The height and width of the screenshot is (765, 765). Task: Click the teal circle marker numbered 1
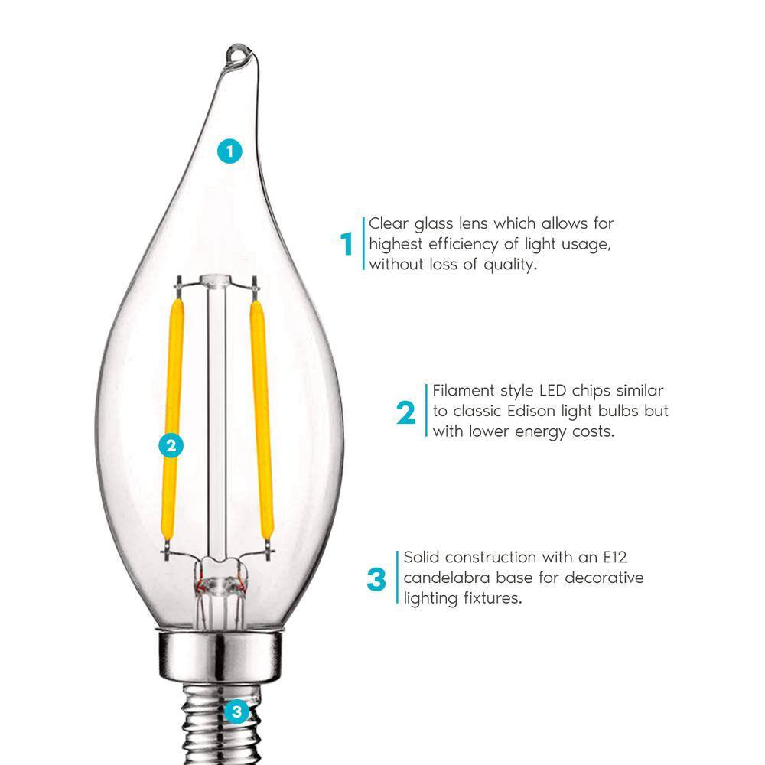(229, 151)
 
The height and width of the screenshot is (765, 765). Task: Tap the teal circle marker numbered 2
(171, 445)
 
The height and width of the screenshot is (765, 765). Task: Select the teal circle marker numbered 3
(236, 712)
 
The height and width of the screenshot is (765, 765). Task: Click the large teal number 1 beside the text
(347, 244)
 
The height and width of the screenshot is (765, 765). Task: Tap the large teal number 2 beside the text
(406, 413)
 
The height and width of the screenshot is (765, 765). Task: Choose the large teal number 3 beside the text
(376, 579)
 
